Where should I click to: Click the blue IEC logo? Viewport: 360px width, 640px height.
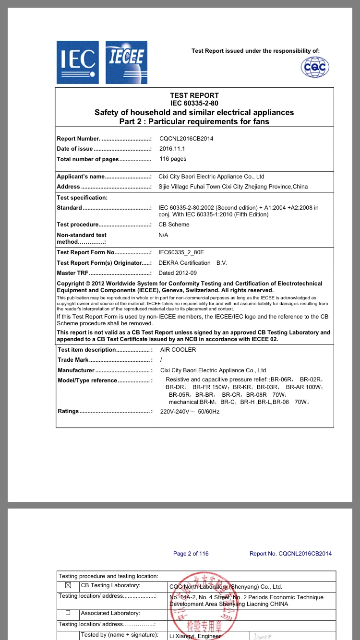78,62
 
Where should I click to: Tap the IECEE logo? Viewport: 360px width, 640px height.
126,62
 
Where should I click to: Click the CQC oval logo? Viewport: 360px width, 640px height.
315,67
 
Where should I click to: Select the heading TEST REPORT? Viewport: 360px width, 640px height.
194,95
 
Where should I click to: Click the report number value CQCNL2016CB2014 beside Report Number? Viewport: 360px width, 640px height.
186,139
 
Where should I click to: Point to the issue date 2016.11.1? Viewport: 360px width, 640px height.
172,149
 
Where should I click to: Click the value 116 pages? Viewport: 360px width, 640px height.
173,159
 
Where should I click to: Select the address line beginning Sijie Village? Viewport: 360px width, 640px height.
233,187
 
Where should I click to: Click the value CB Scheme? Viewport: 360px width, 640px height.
174,225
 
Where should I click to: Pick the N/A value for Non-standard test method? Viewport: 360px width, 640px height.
163,235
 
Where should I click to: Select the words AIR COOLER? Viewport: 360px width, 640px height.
178,350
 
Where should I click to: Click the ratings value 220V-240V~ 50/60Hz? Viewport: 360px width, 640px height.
190,412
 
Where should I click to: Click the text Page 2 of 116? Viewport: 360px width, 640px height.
191,554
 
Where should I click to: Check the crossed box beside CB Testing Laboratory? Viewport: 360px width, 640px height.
68,585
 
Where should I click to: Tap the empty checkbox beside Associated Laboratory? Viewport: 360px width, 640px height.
68,613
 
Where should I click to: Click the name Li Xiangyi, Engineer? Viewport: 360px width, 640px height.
194,636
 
